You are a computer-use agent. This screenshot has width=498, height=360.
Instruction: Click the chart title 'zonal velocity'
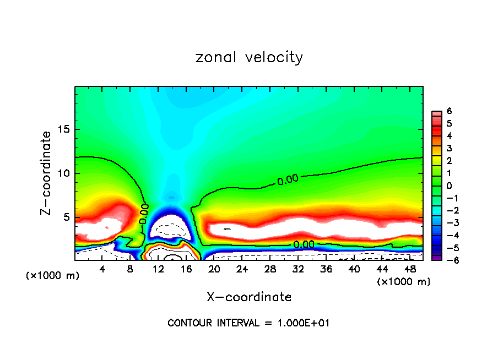(249, 57)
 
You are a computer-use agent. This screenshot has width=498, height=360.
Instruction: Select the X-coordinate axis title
(249, 297)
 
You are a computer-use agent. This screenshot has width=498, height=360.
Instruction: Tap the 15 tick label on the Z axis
(63, 130)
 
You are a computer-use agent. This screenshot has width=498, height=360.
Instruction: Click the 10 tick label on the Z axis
(63, 173)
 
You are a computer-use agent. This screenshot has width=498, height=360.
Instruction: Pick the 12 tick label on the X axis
(158, 269)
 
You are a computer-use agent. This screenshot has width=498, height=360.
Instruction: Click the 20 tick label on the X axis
(214, 269)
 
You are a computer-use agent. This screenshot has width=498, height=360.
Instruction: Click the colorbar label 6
(449, 111)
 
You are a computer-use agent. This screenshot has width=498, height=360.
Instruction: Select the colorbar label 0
(449, 186)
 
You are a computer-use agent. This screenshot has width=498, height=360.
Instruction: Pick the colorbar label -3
(448, 223)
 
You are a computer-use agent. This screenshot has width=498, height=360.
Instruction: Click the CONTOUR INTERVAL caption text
(249, 323)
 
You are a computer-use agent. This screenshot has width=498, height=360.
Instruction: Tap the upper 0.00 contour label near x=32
(288, 179)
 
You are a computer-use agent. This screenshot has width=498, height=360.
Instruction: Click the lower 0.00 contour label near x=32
(304, 244)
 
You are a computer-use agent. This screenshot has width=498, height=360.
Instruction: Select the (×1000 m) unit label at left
(53, 276)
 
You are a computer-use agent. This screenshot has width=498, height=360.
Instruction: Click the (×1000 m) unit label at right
(403, 282)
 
